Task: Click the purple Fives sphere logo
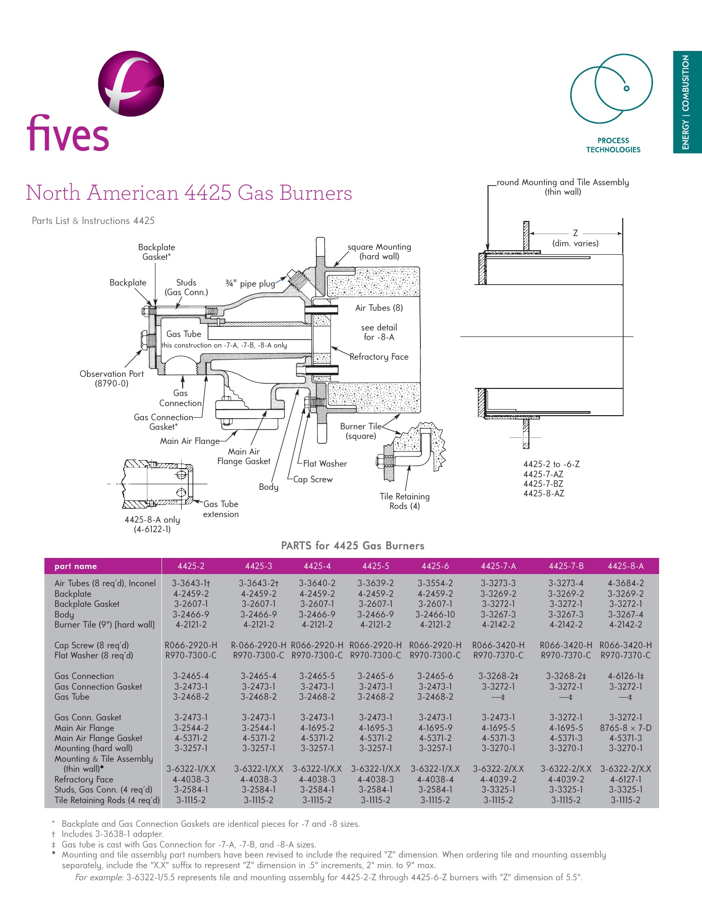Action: point(131,83)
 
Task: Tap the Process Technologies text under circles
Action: point(613,145)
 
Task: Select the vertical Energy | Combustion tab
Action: point(687,102)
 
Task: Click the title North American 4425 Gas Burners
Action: point(189,193)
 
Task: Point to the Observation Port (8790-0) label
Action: point(112,378)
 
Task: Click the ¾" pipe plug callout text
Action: point(250,284)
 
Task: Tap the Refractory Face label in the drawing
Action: point(379,357)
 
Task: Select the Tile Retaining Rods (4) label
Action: point(404,501)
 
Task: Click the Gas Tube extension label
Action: point(221,509)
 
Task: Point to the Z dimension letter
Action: point(575,233)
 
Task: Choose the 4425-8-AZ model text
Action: point(544,493)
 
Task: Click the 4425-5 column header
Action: point(375,566)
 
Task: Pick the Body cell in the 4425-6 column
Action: point(435,614)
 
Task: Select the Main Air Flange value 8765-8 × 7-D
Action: point(625,728)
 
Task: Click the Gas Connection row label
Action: point(84,676)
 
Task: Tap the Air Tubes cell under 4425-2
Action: point(191,583)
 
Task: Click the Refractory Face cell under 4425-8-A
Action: point(625,779)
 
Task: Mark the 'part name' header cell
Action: point(76,566)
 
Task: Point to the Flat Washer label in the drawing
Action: point(325,464)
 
